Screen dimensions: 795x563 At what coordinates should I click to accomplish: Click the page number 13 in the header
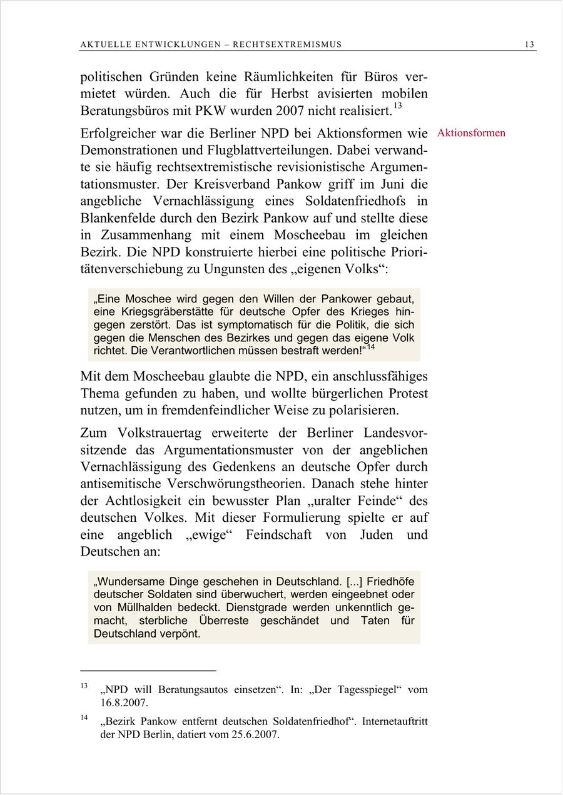tap(529, 44)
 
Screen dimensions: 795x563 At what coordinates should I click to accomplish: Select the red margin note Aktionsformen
tap(471, 133)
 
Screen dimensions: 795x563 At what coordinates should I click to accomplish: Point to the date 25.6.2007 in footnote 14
tap(255, 735)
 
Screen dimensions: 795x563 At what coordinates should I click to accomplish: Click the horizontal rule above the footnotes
tap(148, 671)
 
